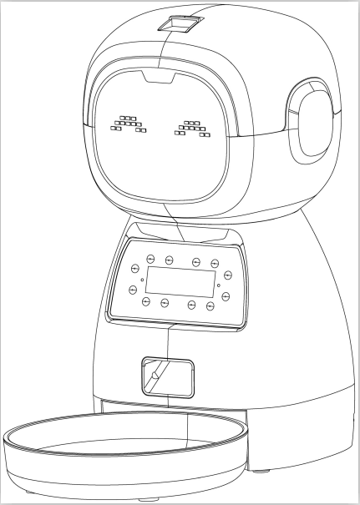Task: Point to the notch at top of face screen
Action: tap(155, 79)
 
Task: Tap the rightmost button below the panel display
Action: tap(210, 306)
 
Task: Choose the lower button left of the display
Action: tap(132, 290)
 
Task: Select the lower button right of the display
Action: tap(226, 296)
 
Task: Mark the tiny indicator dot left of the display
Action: tap(142, 279)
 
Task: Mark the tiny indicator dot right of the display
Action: tap(218, 285)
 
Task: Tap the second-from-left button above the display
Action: tap(169, 260)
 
